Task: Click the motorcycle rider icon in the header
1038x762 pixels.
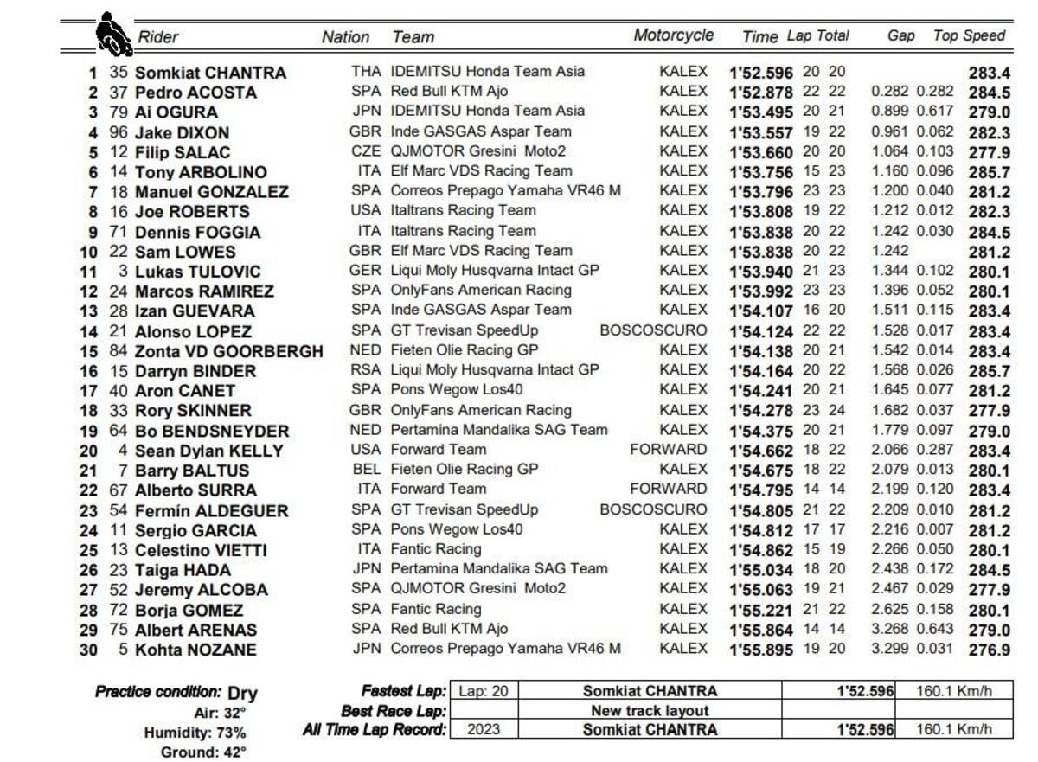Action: (x=109, y=34)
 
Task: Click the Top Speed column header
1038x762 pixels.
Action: (x=969, y=36)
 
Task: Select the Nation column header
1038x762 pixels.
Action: (x=345, y=37)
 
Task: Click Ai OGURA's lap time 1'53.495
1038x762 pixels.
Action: (x=761, y=112)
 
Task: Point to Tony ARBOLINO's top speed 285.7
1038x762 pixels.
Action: (x=989, y=172)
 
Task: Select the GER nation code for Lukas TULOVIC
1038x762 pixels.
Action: (x=365, y=271)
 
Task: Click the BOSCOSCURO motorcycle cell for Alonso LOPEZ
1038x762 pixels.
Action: (x=653, y=330)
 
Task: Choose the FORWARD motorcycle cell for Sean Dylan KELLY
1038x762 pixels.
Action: (x=668, y=450)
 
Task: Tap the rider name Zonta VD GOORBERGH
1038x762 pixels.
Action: (x=228, y=351)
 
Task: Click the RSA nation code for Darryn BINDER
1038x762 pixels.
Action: (x=365, y=370)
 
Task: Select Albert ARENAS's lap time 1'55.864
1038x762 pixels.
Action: (x=761, y=630)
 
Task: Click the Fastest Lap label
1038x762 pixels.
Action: (x=404, y=691)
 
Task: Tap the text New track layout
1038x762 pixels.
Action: (x=650, y=711)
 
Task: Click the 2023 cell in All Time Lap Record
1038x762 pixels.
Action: (x=483, y=730)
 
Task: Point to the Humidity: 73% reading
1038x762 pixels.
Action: (x=195, y=733)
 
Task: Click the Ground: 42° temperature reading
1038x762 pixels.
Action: (x=203, y=752)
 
